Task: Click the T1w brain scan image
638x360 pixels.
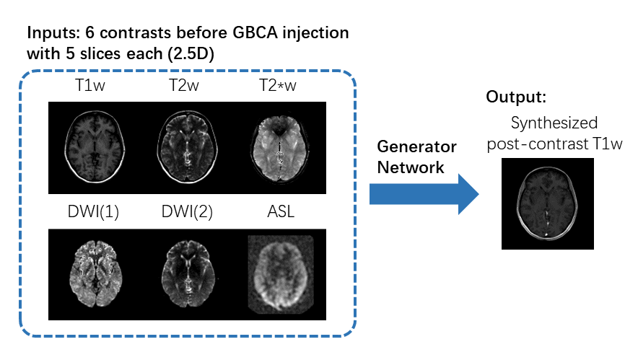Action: tap(94, 149)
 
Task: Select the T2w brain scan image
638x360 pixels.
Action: tap(186, 149)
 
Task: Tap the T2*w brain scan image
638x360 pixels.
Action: tap(278, 149)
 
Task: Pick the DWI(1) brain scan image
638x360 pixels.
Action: tap(94, 274)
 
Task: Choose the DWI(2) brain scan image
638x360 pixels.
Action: tap(186, 274)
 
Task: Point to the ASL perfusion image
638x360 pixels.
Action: tap(279, 274)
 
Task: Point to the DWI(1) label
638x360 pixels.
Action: tap(93, 214)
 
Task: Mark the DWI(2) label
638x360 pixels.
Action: tap(186, 214)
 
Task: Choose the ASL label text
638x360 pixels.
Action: tap(279, 214)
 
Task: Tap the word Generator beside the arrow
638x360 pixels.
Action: tap(416, 146)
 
